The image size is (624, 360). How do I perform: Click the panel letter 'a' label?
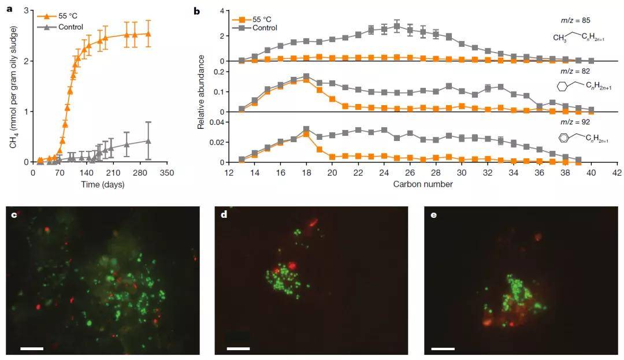pos(8,10)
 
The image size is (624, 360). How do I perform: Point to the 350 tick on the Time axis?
pos(167,172)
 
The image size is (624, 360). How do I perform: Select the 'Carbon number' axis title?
pos(422,184)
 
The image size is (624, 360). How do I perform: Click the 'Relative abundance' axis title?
pos(201,91)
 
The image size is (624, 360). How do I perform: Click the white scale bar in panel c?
pos(32,348)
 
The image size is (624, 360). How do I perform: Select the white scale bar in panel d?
pos(238,348)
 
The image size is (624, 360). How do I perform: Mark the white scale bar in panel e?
pos(442,348)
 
